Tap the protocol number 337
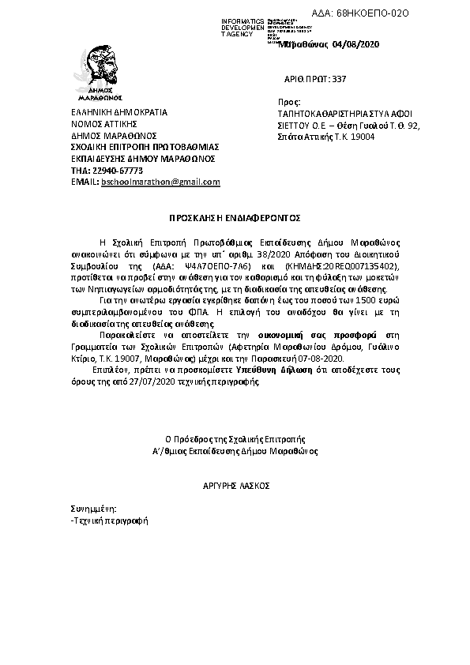[x=340, y=79]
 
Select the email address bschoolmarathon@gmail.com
[x=157, y=182]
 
